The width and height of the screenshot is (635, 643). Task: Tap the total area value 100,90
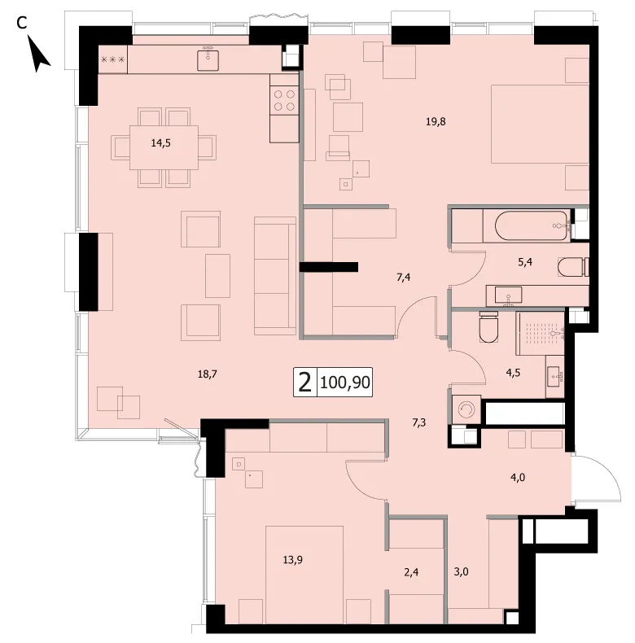pyautogui.click(x=345, y=383)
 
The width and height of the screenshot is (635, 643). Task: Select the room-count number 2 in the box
pyautogui.click(x=304, y=383)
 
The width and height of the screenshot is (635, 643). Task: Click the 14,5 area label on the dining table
pyautogui.click(x=161, y=143)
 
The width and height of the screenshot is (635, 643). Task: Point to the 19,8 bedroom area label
pyautogui.click(x=436, y=122)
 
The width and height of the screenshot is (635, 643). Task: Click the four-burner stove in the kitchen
pyautogui.click(x=284, y=100)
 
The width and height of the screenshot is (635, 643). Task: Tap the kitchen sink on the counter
pyautogui.click(x=208, y=59)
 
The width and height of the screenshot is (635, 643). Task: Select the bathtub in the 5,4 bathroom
pyautogui.click(x=532, y=225)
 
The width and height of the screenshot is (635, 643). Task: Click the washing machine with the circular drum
pyautogui.click(x=466, y=409)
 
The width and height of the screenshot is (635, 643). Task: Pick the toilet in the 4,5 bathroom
pyautogui.click(x=488, y=326)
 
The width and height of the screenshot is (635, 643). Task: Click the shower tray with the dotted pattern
pyautogui.click(x=541, y=333)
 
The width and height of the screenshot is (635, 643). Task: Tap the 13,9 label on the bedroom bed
pyautogui.click(x=293, y=560)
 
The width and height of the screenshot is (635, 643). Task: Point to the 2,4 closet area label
pyautogui.click(x=411, y=572)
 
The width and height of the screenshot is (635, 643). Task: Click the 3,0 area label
pyautogui.click(x=461, y=571)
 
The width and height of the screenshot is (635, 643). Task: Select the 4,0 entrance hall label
pyautogui.click(x=518, y=477)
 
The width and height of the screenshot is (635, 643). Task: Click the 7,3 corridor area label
pyautogui.click(x=418, y=422)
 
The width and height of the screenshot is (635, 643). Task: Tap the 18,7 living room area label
pyautogui.click(x=207, y=374)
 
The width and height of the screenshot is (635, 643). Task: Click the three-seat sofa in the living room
pyautogui.click(x=275, y=276)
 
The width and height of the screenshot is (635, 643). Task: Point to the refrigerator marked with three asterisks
pyautogui.click(x=113, y=59)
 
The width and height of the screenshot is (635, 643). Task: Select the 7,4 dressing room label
pyautogui.click(x=404, y=278)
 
